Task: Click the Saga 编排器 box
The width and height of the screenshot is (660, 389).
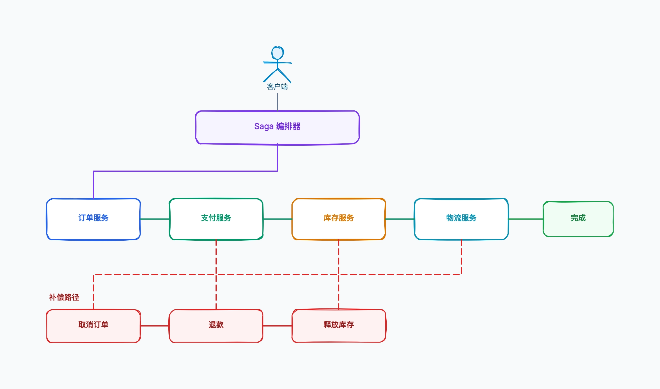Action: tap(277, 127)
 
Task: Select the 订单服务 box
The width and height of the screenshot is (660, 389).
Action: tap(93, 219)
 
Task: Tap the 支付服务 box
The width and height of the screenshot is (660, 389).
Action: tap(216, 219)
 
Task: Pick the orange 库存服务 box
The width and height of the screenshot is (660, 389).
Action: tap(339, 219)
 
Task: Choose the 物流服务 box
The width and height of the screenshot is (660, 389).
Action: tap(461, 219)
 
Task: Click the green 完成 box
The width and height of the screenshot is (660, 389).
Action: tap(578, 219)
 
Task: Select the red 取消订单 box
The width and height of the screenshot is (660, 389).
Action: tap(93, 326)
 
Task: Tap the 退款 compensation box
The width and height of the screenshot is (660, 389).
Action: tap(216, 326)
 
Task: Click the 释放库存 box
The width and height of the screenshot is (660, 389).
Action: tap(339, 326)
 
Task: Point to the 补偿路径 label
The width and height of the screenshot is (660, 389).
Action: tap(64, 297)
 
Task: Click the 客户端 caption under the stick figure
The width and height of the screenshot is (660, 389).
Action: tap(277, 87)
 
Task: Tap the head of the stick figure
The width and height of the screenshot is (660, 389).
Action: tap(277, 53)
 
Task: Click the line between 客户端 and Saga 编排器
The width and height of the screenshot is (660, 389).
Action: tap(277, 102)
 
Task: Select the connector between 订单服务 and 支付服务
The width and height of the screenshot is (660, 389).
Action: tap(155, 219)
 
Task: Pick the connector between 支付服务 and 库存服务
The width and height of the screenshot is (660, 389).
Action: tap(277, 219)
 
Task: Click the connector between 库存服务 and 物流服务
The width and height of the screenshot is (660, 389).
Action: tap(400, 219)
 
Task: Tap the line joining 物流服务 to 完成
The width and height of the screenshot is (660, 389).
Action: tap(526, 219)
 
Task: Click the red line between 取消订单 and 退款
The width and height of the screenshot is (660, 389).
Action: tap(155, 326)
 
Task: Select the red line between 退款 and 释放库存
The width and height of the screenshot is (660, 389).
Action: tap(277, 326)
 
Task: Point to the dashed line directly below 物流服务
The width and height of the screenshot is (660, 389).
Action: tap(461, 257)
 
